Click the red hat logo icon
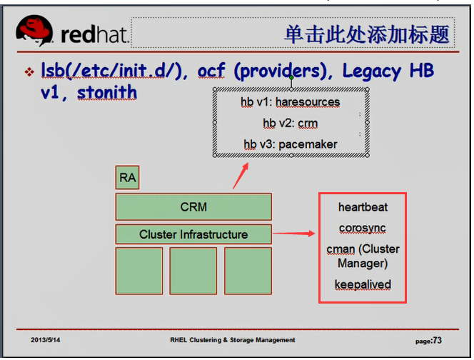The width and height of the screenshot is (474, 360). coord(36,31)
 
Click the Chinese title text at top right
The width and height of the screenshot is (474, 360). coord(367,34)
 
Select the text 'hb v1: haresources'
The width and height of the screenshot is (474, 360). coord(290,102)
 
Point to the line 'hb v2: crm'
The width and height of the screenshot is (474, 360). coord(290,124)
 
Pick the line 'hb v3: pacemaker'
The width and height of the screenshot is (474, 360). coord(290,144)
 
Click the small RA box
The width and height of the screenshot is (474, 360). coord(127,178)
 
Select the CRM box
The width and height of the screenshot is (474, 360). coord(193,207)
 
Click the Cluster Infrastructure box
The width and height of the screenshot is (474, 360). coord(193,234)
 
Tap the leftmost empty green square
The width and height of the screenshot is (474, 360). coord(138,271)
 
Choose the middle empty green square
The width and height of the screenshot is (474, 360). coord(193,271)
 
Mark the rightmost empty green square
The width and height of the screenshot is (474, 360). coord(248,271)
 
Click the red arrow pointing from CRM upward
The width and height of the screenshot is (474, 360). coord(241,176)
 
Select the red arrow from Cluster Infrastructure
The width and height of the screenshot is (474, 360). coord(294,233)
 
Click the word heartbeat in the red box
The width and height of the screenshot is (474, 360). coord(363,207)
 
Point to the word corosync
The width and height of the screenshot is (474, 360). coord(363,228)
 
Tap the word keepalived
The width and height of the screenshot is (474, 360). coord(363,284)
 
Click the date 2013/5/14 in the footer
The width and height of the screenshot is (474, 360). coord(46,340)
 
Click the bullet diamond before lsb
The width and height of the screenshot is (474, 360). coord(29,73)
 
